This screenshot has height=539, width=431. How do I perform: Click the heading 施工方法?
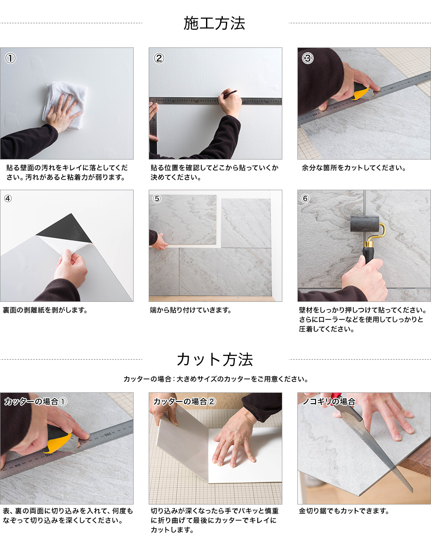pyautogui.click(x=214, y=23)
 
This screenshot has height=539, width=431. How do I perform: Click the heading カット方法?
pyautogui.click(x=215, y=360)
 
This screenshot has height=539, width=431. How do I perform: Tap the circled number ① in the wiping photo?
pyautogui.click(x=10, y=58)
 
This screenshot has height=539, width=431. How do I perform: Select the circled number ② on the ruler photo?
pyautogui.click(x=159, y=58)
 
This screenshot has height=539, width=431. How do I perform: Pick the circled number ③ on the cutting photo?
pyautogui.click(x=308, y=58)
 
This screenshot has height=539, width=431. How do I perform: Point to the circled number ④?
pyautogui.click(x=8, y=199)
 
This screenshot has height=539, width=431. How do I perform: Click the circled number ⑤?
pyautogui.click(x=157, y=199)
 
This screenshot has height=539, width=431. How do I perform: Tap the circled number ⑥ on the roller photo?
pyautogui.click(x=305, y=199)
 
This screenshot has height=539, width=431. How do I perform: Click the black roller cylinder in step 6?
pyautogui.click(x=364, y=223)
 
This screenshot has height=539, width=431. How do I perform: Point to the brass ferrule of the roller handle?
pyautogui.click(x=369, y=244)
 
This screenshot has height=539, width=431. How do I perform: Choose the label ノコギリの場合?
pyautogui.click(x=329, y=401)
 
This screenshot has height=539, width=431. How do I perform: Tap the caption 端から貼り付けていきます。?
pyautogui.click(x=191, y=310)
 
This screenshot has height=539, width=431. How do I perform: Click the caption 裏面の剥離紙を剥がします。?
pyautogui.click(x=45, y=310)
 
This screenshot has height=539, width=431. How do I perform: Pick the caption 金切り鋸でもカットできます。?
pyautogui.click(x=344, y=511)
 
